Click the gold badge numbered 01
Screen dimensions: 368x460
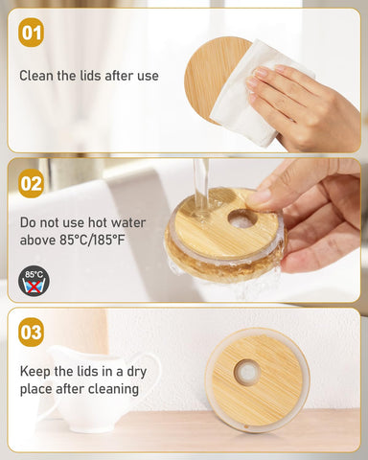[x=31, y=33]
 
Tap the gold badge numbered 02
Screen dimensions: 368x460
[x=31, y=183]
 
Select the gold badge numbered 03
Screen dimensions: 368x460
[x=31, y=333]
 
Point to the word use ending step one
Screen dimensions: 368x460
[x=148, y=76]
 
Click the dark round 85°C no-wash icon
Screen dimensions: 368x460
[x=34, y=281]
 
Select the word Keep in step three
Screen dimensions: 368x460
[x=35, y=372]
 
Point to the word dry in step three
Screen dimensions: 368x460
[x=136, y=372]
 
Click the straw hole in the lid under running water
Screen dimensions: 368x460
[x=242, y=219]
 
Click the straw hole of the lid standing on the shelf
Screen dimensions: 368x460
[x=247, y=372]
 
